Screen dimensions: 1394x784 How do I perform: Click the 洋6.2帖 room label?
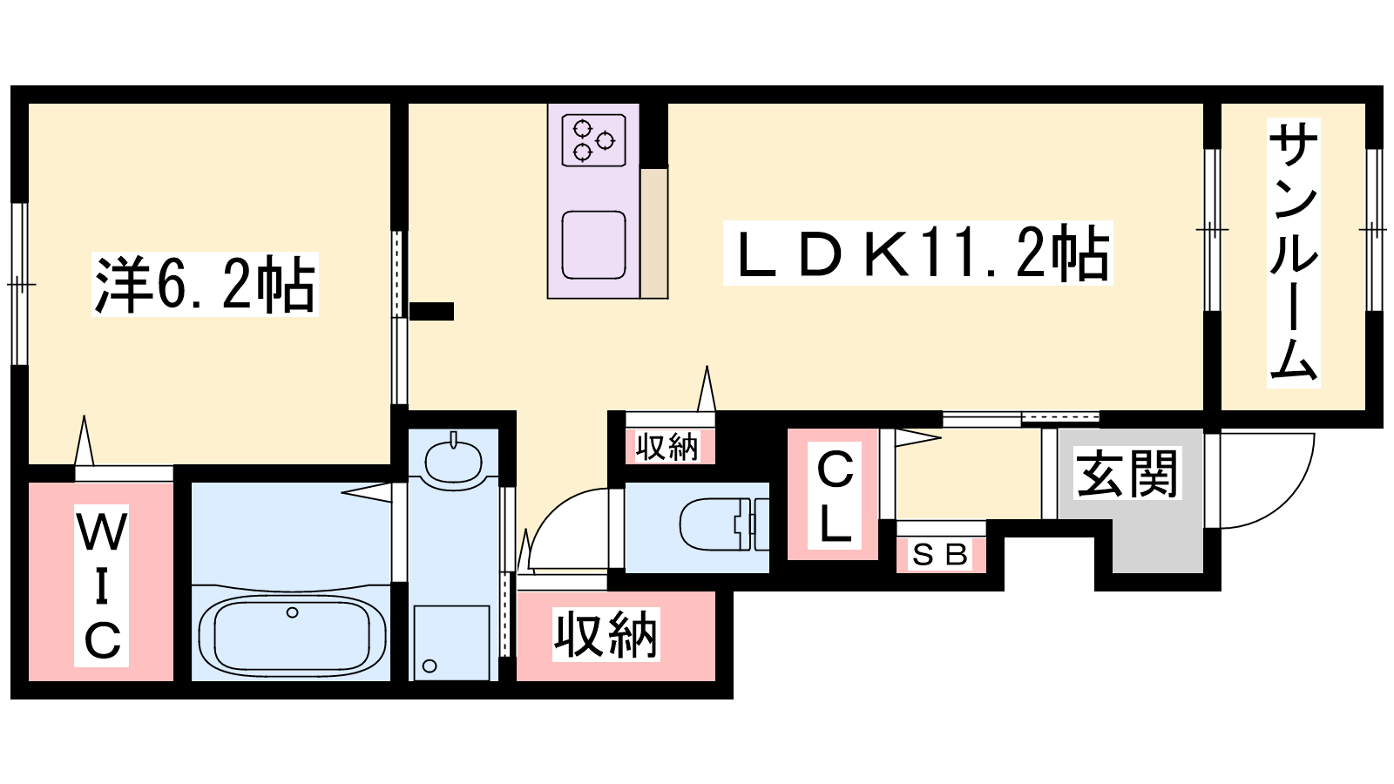pyautogui.click(x=205, y=284)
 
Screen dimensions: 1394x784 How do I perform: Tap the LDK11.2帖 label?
pyautogui.click(x=918, y=253)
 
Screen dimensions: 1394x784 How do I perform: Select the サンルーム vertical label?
pyautogui.click(x=1293, y=253)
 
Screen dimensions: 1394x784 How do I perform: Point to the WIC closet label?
pyautogui.click(x=101, y=585)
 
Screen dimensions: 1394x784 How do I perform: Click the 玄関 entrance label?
pyautogui.click(x=1127, y=474)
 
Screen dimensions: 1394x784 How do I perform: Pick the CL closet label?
pyautogui.click(x=834, y=496)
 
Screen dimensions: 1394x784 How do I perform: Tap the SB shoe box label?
pyautogui.click(x=940, y=554)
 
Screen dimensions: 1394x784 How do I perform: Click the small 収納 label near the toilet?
pyautogui.click(x=667, y=446)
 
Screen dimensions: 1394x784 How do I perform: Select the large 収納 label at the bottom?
pyautogui.click(x=606, y=635)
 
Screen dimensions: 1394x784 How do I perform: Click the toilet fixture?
pyautogui.click(x=724, y=524)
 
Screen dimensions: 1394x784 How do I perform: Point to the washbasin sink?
pyautogui.click(x=453, y=460)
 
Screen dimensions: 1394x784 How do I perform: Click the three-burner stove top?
pyautogui.click(x=593, y=140)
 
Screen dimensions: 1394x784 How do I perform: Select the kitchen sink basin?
pyautogui.click(x=593, y=245)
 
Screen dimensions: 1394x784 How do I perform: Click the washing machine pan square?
pyautogui.click(x=451, y=643)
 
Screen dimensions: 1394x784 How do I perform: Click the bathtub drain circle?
pyautogui.click(x=292, y=613)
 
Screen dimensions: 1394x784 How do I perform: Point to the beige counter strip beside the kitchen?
pyautogui.click(x=654, y=233)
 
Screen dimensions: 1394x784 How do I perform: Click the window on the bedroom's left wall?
pyautogui.click(x=20, y=284)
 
